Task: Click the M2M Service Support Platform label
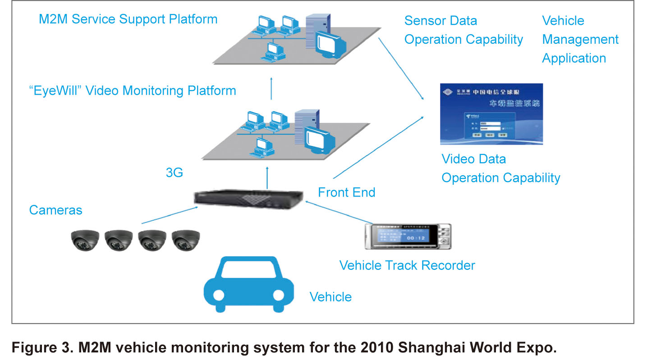click(x=128, y=19)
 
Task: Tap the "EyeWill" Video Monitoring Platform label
click(x=132, y=91)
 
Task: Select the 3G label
click(x=174, y=172)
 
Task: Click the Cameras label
click(x=55, y=210)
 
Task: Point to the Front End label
click(x=346, y=192)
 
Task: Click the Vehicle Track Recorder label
click(x=407, y=265)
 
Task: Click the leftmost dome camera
click(x=85, y=240)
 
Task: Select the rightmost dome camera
click(x=186, y=240)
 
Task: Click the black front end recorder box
click(x=249, y=200)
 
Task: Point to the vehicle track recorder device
click(x=408, y=236)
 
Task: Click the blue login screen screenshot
click(x=491, y=114)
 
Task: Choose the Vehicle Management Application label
click(x=580, y=40)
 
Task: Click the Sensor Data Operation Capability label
click(x=463, y=30)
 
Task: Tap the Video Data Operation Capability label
click(x=500, y=169)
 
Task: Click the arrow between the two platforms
click(x=271, y=88)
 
